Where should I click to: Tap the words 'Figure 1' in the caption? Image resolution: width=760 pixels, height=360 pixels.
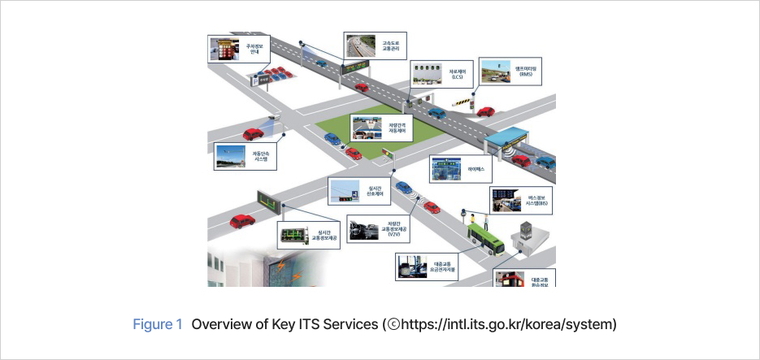(x=158, y=324)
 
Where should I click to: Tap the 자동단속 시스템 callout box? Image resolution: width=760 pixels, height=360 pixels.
(x=243, y=155)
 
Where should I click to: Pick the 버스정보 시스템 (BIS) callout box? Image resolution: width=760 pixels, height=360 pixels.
(x=521, y=200)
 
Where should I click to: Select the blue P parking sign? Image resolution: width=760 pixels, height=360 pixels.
(x=255, y=80)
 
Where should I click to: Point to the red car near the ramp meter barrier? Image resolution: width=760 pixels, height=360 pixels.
(x=485, y=111)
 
